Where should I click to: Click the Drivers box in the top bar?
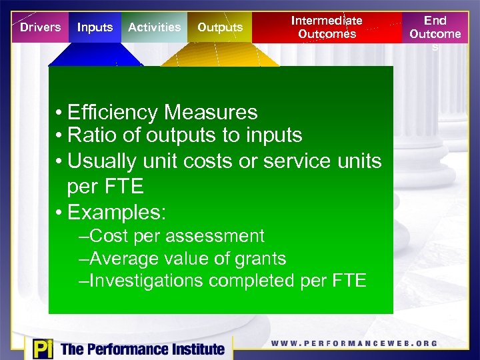coord(40,27)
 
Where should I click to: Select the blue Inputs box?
coord(95,27)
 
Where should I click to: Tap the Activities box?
coord(154,27)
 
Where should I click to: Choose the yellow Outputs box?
coord(220,27)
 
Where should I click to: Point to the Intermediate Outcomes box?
coord(327,27)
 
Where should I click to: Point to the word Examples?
coord(117,213)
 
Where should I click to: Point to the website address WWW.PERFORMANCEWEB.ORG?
coord(354,343)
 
